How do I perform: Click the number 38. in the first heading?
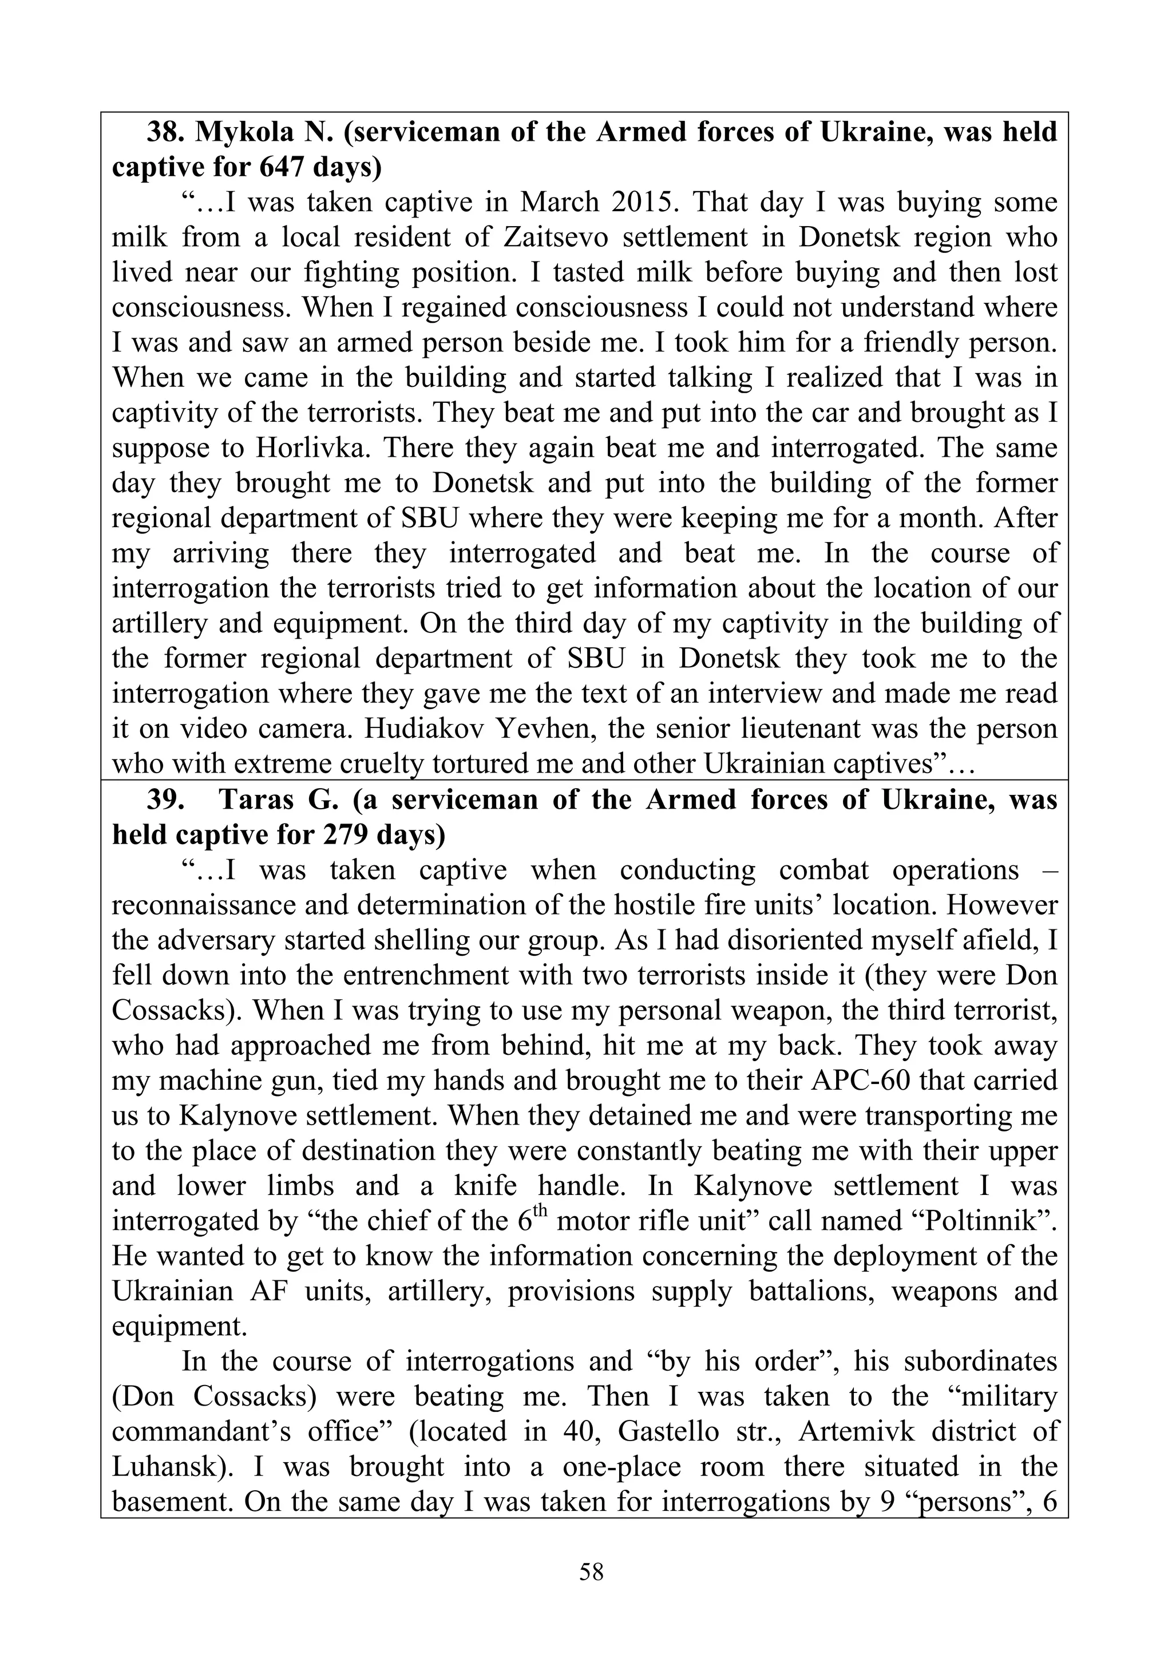coord(165,133)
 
